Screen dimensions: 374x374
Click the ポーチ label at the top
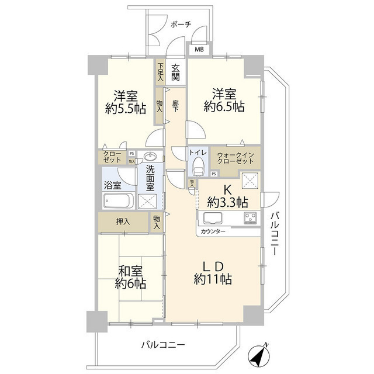(181, 24)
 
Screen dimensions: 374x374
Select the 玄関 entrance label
(175, 72)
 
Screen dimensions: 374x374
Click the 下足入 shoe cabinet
(160, 71)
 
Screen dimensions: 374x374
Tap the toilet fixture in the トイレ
(198, 166)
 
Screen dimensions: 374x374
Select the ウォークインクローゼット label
(235, 160)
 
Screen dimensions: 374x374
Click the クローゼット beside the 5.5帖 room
(113, 157)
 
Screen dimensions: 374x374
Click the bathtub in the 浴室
(119, 202)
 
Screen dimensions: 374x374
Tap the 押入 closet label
(122, 221)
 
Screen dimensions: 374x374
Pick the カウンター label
(213, 231)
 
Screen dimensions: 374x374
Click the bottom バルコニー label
(162, 345)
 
